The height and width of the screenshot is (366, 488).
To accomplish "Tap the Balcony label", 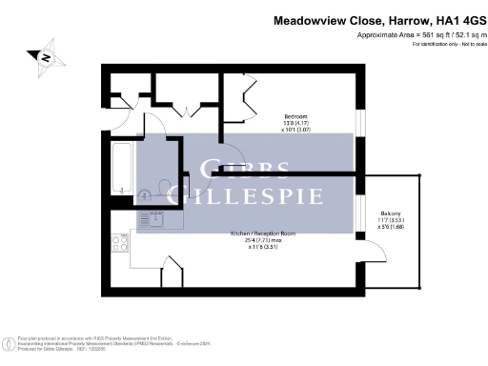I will (392, 213).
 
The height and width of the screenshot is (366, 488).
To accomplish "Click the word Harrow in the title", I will (390, 19).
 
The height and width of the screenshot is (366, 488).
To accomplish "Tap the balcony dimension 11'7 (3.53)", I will (392, 221).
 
